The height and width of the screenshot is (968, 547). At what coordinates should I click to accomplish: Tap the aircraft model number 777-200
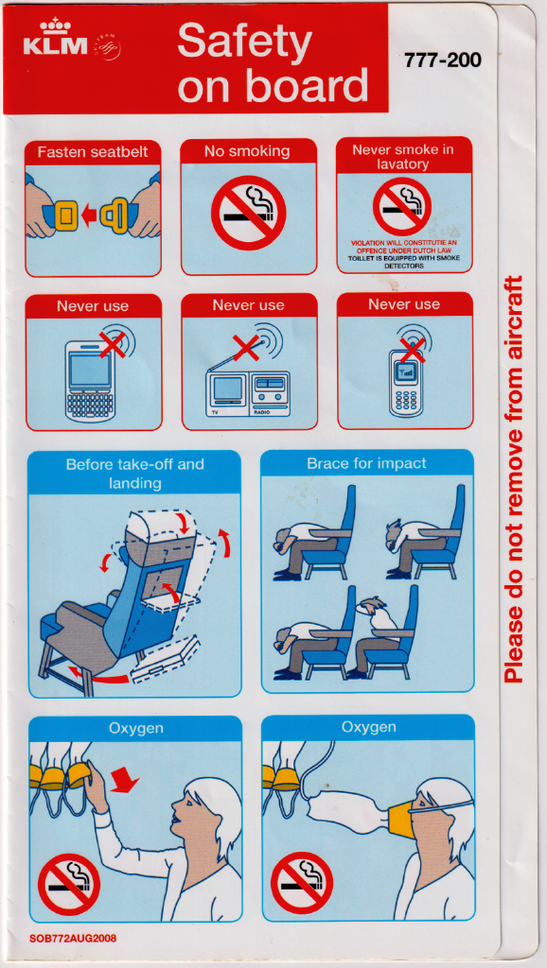(443, 60)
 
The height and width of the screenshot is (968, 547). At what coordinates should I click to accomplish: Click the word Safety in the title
(244, 40)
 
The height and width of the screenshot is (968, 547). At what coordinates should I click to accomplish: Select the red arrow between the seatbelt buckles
(90, 216)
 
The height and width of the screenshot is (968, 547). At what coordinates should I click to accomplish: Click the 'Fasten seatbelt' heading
(93, 152)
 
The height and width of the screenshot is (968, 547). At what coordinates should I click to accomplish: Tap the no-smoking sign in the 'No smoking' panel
(249, 213)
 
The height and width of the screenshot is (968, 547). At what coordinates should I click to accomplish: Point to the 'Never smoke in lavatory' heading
(403, 157)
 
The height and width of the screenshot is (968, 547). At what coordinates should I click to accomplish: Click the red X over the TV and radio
(246, 348)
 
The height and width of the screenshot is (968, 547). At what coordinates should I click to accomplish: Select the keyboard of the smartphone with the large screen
(90, 406)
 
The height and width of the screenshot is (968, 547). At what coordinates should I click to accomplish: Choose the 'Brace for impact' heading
(366, 463)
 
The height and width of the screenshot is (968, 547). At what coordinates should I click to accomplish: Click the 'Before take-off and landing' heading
(134, 474)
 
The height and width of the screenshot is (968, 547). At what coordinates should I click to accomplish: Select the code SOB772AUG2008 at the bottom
(72, 939)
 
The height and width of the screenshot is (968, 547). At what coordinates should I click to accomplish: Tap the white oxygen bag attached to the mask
(350, 809)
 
